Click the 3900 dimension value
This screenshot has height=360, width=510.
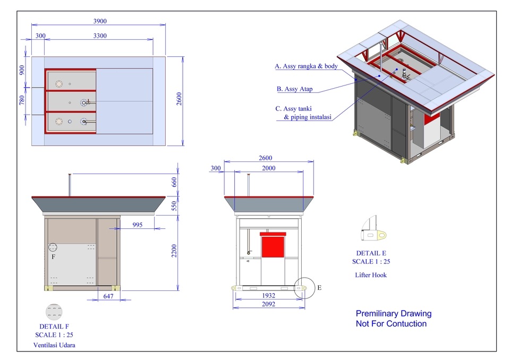100,21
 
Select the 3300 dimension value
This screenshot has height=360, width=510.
100,36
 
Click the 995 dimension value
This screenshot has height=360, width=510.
138,225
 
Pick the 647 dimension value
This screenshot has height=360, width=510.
109,296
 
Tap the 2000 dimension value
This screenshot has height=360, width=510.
269,168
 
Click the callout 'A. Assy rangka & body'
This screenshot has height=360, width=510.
306,67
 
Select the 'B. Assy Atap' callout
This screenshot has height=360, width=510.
295,89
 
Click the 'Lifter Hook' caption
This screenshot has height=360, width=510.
371,275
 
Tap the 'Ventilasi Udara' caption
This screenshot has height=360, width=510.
54,345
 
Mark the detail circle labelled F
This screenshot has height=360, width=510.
54,247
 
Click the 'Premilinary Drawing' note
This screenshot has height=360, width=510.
393,314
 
